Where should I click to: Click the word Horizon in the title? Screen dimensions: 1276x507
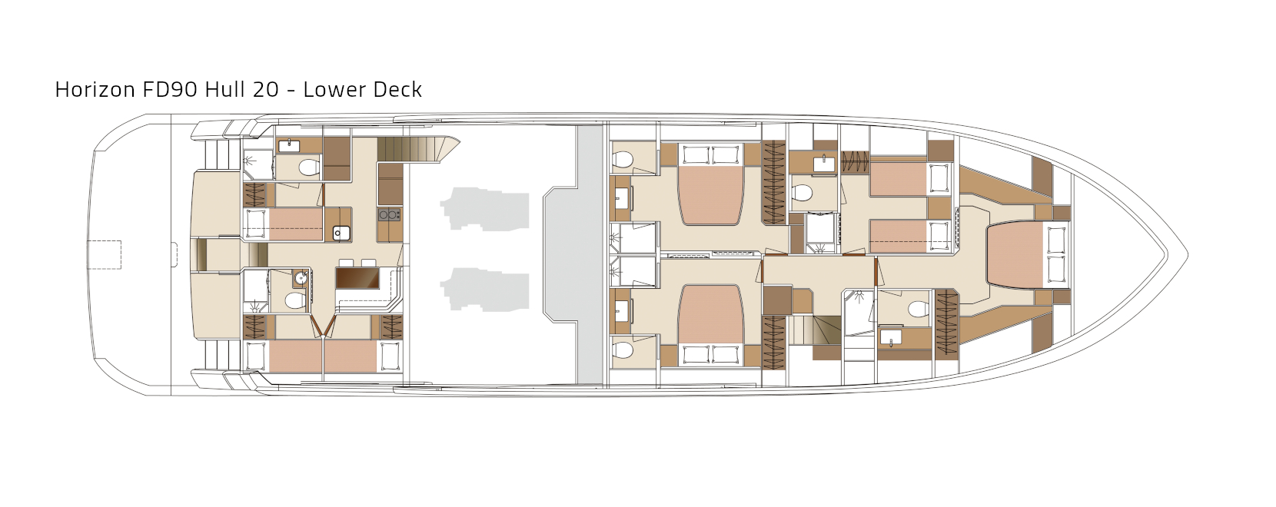point(95,89)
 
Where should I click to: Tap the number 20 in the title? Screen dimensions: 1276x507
point(265,89)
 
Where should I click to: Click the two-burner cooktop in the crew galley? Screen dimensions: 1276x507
point(390,214)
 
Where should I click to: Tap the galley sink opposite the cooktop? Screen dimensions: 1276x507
point(341,234)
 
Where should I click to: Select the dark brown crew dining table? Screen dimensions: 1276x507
point(357,277)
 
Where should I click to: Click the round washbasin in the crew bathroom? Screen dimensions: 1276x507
point(301,279)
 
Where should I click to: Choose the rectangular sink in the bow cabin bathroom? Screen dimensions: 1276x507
point(891,337)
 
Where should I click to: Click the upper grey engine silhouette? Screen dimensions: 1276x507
point(485,208)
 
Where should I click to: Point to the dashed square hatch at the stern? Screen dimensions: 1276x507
point(105,254)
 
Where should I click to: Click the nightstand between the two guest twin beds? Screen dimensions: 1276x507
point(940,208)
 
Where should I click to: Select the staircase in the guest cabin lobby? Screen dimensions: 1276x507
point(815,331)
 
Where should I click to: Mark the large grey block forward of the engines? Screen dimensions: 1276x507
point(573,254)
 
